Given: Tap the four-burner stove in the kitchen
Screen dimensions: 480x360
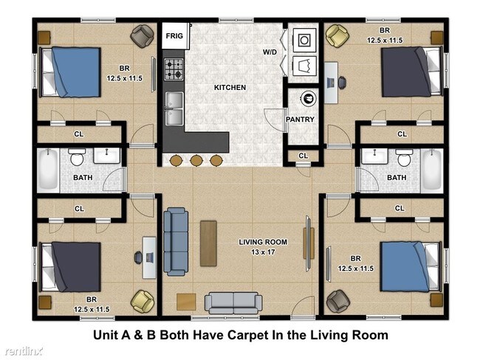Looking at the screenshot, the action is click(174, 69).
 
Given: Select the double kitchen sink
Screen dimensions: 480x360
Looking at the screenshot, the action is click(174, 108).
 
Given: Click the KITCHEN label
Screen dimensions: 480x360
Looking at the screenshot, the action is click(230, 88).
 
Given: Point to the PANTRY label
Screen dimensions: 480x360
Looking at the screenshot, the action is click(300, 120).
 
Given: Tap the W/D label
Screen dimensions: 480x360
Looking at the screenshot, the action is click(270, 52).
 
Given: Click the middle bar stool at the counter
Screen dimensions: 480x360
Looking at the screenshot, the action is click(196, 160).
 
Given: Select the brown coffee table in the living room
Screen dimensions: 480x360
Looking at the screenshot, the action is click(208, 243).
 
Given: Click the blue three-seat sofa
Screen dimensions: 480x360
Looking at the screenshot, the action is click(176, 241).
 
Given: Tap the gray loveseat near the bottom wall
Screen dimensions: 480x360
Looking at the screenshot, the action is click(233, 302).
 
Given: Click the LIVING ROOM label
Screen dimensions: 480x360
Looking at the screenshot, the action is click(263, 242).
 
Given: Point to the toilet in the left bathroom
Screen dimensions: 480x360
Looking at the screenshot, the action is click(77, 156).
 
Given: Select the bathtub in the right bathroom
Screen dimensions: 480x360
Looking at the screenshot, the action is click(432, 170).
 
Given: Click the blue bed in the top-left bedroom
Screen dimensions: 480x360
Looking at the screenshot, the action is click(72, 72).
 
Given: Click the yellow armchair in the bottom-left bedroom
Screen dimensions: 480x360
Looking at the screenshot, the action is click(143, 302).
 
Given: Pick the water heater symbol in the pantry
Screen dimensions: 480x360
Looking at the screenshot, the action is click(308, 99).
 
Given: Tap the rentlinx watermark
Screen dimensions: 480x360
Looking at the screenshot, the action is click(23, 351).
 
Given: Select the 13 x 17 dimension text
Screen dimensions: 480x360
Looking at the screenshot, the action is click(263, 252).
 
